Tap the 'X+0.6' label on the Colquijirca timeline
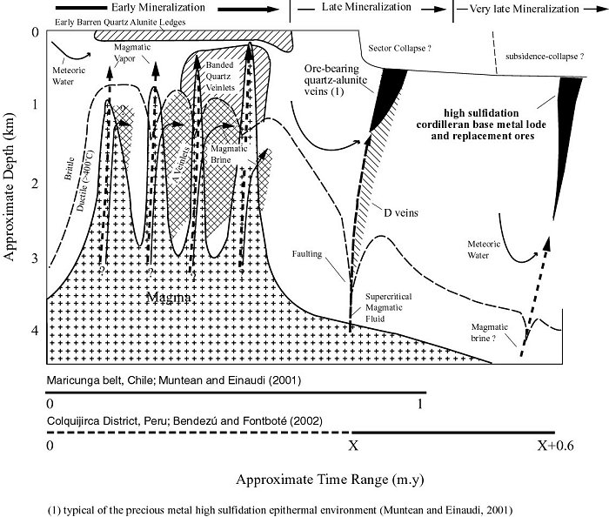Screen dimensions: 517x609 click(x=553, y=444)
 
